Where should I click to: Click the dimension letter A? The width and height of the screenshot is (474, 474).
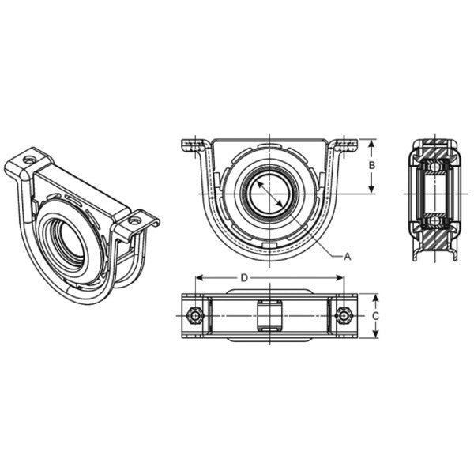347,255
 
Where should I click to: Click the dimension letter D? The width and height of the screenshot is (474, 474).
246,278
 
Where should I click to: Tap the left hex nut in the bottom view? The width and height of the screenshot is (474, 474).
195,316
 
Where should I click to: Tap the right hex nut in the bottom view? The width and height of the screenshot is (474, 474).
342,316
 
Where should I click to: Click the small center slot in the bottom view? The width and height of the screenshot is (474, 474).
269,316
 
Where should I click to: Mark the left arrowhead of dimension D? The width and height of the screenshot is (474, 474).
197,278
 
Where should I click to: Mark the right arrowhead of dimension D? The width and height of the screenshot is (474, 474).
340,278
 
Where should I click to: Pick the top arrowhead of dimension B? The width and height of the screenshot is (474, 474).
371,143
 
